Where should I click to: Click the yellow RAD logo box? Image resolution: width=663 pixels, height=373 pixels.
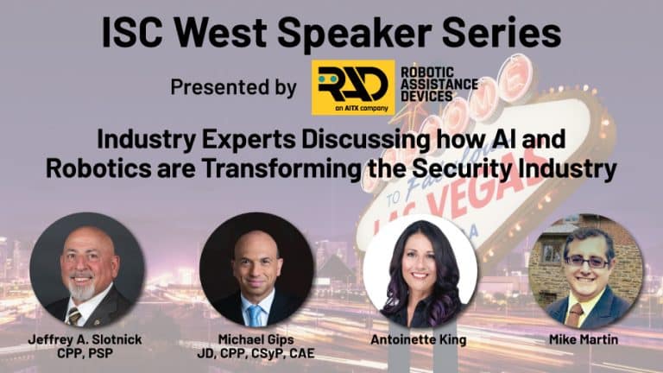[353, 87]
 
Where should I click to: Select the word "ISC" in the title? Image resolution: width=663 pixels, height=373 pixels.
[131, 33]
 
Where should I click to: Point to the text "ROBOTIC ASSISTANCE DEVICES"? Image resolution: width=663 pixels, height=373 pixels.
[439, 84]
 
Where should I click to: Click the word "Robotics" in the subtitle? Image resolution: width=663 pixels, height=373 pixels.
[98, 168]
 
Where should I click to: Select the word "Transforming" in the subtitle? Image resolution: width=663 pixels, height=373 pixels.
[281, 169]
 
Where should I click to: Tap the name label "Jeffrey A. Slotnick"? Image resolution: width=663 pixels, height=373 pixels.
[85, 339]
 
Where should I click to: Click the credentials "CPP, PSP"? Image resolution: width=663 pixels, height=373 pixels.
[85, 353]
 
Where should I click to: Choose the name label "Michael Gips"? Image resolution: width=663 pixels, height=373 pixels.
[256, 339]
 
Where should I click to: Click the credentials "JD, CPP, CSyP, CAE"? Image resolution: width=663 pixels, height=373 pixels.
[256, 353]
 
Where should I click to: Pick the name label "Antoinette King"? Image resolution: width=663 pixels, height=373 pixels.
[419, 339]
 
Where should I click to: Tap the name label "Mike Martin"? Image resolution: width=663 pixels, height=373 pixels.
[584, 339]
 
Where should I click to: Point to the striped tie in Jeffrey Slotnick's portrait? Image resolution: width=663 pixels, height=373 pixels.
[74, 316]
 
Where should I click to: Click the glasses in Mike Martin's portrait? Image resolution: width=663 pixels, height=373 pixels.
[588, 262]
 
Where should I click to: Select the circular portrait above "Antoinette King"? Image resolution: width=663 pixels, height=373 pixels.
[420, 271]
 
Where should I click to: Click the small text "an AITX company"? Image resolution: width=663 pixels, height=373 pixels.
[362, 108]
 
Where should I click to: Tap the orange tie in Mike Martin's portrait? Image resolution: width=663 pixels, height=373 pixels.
[576, 314]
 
